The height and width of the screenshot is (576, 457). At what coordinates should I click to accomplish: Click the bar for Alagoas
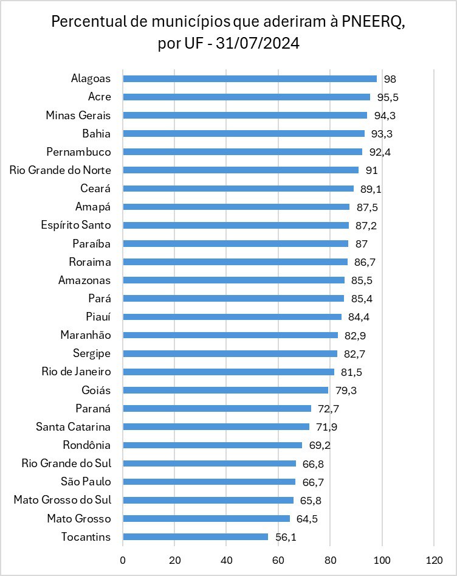pos(249,78)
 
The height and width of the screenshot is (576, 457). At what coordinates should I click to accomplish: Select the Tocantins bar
pos(195,536)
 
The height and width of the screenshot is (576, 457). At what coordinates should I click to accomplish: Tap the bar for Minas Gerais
pos(244,115)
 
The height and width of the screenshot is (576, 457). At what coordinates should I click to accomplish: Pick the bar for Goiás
pos(225,390)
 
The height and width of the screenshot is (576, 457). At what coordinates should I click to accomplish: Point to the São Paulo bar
pos(208,482)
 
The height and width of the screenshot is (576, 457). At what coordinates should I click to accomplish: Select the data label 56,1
pos(286,537)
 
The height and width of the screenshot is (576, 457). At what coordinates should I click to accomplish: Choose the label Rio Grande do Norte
pos(60,170)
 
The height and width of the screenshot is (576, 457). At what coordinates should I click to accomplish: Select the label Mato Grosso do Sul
pos(63,500)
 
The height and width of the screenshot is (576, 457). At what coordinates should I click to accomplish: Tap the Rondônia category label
pos(87,445)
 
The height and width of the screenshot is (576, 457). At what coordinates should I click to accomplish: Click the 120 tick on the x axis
pos(434,560)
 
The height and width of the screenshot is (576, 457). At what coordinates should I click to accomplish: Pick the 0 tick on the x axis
pos(123,560)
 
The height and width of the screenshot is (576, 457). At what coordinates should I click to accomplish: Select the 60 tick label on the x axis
pos(278,560)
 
